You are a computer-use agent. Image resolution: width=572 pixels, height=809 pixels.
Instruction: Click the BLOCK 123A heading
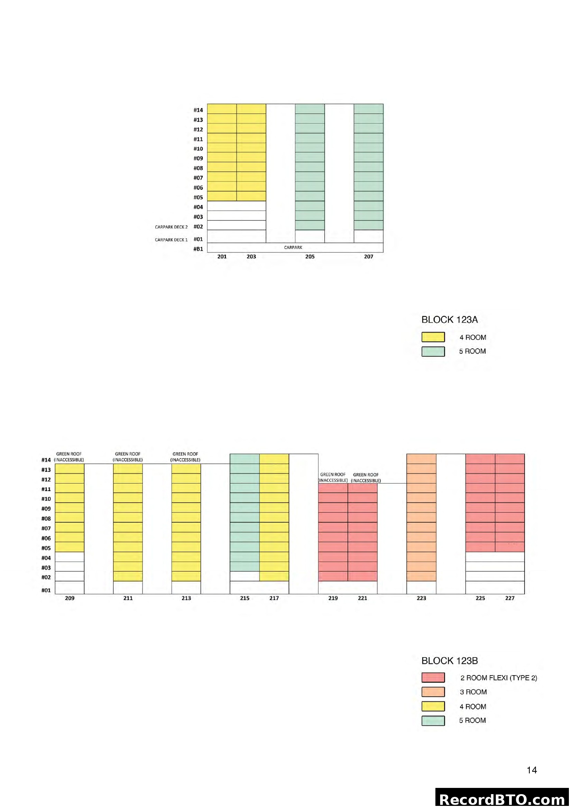[x=450, y=320]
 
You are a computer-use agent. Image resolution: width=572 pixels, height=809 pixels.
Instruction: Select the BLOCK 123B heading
[x=450, y=661]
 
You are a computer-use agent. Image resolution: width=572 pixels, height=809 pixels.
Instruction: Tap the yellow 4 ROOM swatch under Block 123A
[x=433, y=337]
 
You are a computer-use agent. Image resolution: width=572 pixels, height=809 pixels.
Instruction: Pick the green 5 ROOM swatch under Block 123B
[x=433, y=720]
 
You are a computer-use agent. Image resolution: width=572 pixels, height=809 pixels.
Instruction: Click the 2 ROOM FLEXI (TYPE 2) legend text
[x=498, y=678]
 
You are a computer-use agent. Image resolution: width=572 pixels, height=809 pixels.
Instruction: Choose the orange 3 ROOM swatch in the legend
[x=433, y=692]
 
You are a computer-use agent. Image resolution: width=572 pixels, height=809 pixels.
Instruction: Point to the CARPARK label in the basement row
[x=293, y=247]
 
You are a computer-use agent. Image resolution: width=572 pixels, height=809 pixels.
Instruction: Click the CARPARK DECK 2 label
[x=171, y=227]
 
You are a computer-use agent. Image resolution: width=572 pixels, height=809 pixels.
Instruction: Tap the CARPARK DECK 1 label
[x=171, y=240]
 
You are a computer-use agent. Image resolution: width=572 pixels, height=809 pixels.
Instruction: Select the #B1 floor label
[x=198, y=249]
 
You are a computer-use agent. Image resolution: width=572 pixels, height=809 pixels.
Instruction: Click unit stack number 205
[x=310, y=257]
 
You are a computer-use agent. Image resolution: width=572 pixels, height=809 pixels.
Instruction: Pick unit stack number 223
[x=421, y=598]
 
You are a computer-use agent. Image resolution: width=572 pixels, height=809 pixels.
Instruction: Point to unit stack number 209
[x=70, y=598]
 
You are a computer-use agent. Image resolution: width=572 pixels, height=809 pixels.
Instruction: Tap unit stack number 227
[x=510, y=598]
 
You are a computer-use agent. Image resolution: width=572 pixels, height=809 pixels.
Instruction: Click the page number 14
[x=532, y=770]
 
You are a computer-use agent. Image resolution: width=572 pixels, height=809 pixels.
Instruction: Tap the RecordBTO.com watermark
[x=502, y=799]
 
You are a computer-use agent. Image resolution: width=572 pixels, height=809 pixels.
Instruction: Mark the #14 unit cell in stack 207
[x=368, y=109]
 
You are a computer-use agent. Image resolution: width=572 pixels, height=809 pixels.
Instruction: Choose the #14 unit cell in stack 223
[x=421, y=459]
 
